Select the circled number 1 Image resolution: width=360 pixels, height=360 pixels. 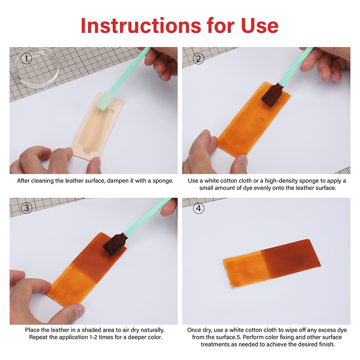click(26, 59)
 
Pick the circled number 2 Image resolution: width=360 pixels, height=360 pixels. click(198, 59)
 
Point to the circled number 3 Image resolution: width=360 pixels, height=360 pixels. click(27, 208)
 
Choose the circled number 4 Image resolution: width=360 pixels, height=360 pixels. click(199, 208)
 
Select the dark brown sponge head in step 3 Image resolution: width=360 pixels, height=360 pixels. click(114, 244)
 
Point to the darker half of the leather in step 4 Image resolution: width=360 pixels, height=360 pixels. click(291, 258)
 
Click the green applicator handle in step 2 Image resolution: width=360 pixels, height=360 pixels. click(296, 66)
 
